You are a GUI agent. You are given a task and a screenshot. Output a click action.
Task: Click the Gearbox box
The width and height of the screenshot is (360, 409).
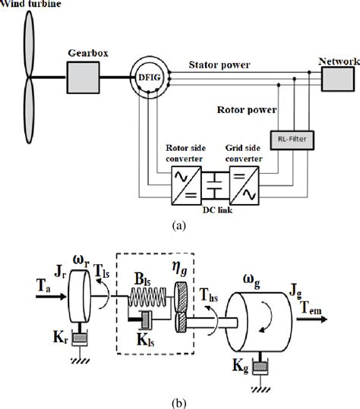coord(83,76)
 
